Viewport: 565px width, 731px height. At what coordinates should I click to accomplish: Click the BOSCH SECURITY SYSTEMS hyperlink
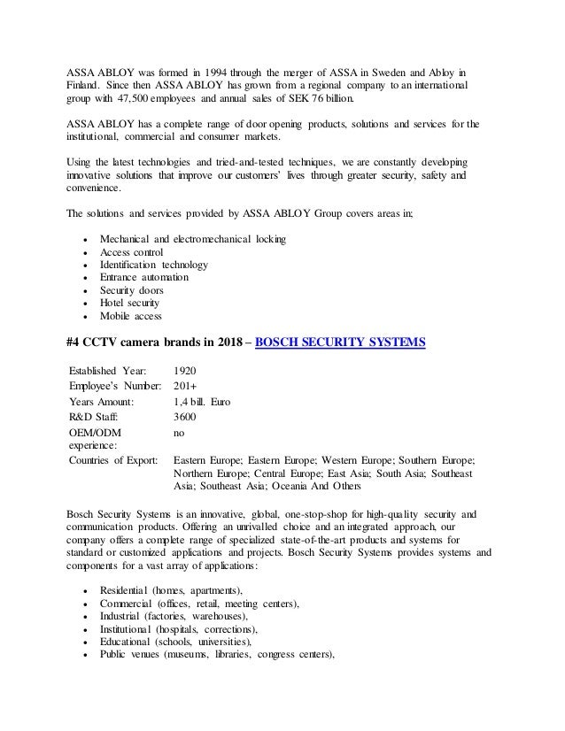328,342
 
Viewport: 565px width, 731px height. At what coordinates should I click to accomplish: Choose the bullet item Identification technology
154,264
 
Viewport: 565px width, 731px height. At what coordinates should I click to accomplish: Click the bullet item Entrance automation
143,277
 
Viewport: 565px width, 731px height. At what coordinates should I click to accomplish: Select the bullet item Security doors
131,289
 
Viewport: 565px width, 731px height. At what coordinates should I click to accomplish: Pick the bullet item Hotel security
130,303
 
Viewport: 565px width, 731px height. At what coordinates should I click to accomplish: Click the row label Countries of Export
112,461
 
